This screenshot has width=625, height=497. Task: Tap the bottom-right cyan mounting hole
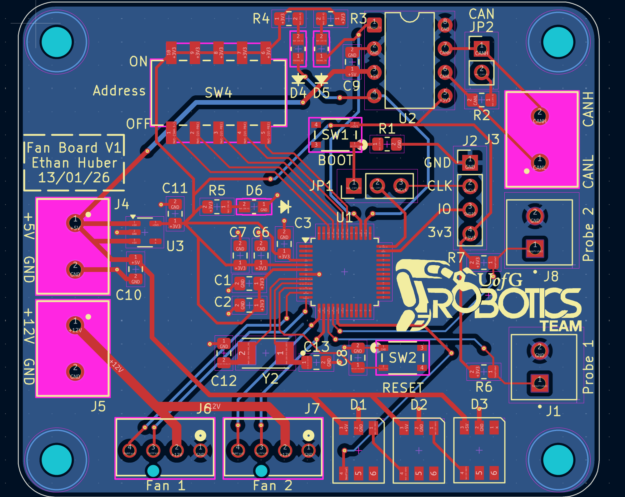(x=558, y=460)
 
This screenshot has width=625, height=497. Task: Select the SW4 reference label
(x=218, y=93)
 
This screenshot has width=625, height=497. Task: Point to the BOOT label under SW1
(x=335, y=160)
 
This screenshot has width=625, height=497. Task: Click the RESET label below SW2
(x=403, y=388)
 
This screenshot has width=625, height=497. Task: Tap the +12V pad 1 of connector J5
(x=75, y=325)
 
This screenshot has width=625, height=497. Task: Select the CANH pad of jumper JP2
(x=482, y=49)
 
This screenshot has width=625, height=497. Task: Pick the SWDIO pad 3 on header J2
(x=470, y=209)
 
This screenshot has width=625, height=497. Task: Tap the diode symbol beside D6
(x=285, y=207)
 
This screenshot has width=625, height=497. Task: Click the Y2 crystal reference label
(x=270, y=379)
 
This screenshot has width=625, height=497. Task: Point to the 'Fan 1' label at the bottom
(x=166, y=486)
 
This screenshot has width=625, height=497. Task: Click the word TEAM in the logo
(x=562, y=326)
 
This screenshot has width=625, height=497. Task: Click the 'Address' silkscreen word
(x=119, y=91)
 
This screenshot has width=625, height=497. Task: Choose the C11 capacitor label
(x=175, y=188)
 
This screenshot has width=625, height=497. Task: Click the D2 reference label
(x=419, y=405)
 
